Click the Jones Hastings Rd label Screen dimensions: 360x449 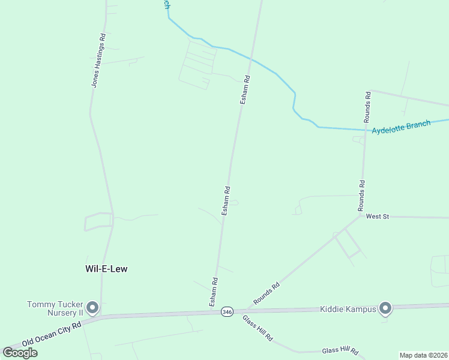(98, 60)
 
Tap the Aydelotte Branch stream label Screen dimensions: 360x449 (401, 127)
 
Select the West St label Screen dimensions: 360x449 (378, 216)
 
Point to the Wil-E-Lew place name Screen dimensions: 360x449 (107, 269)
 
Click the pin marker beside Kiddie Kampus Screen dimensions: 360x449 (385, 308)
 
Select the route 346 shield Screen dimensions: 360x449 (226, 312)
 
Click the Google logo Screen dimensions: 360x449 (20, 352)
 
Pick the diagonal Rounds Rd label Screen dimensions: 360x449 (267, 294)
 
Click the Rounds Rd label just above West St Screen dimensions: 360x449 (361, 196)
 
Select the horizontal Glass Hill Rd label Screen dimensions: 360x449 (340, 350)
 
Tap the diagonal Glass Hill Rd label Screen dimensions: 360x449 (258, 328)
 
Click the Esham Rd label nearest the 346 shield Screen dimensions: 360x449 (214, 292)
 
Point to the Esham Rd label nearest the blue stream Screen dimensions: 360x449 (245, 90)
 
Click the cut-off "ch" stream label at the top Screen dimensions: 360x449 (166, 4)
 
